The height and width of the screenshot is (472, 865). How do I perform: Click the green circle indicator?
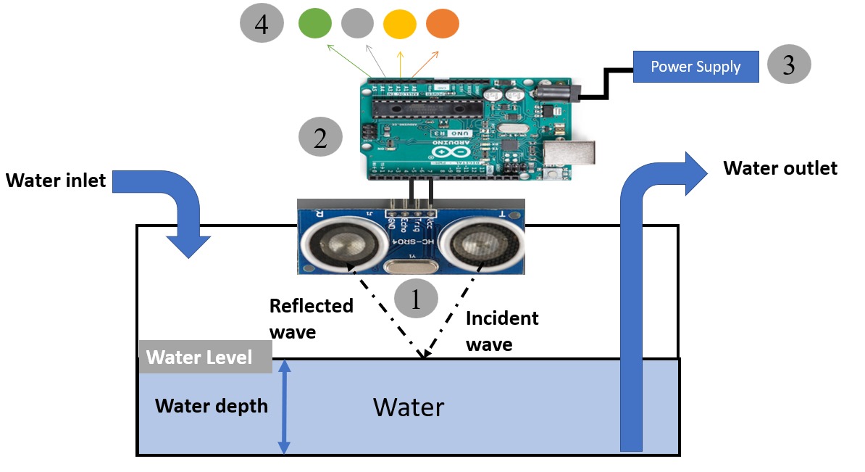tap(315, 23)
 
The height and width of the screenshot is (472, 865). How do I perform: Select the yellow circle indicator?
tap(400, 23)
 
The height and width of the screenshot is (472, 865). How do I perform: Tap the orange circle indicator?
tap(443, 23)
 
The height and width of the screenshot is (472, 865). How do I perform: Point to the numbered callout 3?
tap(789, 65)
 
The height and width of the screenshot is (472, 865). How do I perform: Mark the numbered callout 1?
tap(416, 299)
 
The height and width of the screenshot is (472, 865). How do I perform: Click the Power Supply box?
tap(695, 67)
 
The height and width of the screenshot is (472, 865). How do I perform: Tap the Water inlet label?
tap(56, 181)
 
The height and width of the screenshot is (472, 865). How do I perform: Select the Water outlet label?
tap(780, 169)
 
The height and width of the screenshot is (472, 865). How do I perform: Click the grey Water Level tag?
tap(204, 357)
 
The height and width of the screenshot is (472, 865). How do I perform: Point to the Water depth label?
tap(212, 405)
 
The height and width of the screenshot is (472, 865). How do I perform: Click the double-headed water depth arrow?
tap(284, 407)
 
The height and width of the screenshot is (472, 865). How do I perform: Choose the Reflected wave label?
tap(312, 318)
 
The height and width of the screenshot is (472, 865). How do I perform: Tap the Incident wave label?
tap(502, 331)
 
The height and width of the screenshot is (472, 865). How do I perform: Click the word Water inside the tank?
tap(409, 407)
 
